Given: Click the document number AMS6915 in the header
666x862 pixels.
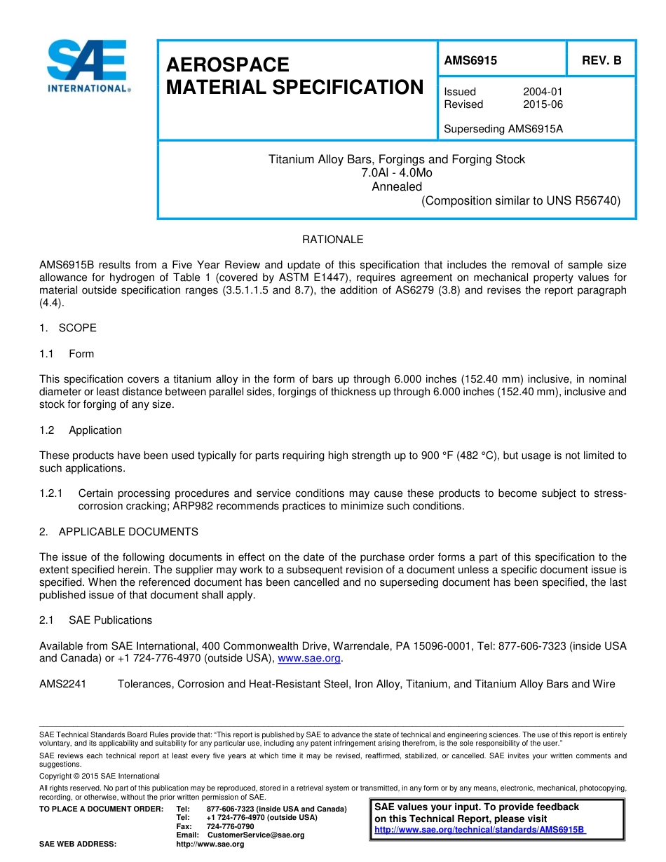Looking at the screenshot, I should pyautogui.click(x=470, y=60).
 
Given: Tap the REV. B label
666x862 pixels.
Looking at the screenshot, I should pyautogui.click(x=602, y=60).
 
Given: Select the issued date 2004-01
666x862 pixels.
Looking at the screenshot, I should pyautogui.click(x=543, y=92).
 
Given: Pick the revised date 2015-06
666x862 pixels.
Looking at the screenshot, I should pyautogui.click(x=543, y=104).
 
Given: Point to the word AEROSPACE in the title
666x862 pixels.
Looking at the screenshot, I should pyautogui.click(x=228, y=65).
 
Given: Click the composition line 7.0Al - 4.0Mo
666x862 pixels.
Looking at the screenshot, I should pyautogui.click(x=397, y=173).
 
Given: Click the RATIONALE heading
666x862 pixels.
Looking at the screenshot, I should pyautogui.click(x=332, y=240).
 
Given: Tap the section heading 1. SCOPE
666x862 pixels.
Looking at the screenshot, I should pyautogui.click(x=68, y=328).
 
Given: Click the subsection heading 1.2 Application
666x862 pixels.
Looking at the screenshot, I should pyautogui.click(x=81, y=430).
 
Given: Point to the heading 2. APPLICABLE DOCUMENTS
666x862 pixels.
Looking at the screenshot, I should pyautogui.click(x=118, y=532).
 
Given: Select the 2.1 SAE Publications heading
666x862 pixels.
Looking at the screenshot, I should pyautogui.click(x=96, y=620).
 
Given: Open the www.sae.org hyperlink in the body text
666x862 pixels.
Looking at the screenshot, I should pyautogui.click(x=309, y=659).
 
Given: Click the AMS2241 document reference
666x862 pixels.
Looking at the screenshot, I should pyautogui.click(x=62, y=684).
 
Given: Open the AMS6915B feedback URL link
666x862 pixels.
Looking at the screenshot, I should pyautogui.click(x=480, y=830).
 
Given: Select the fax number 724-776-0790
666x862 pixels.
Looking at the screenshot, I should pyautogui.click(x=231, y=827).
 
